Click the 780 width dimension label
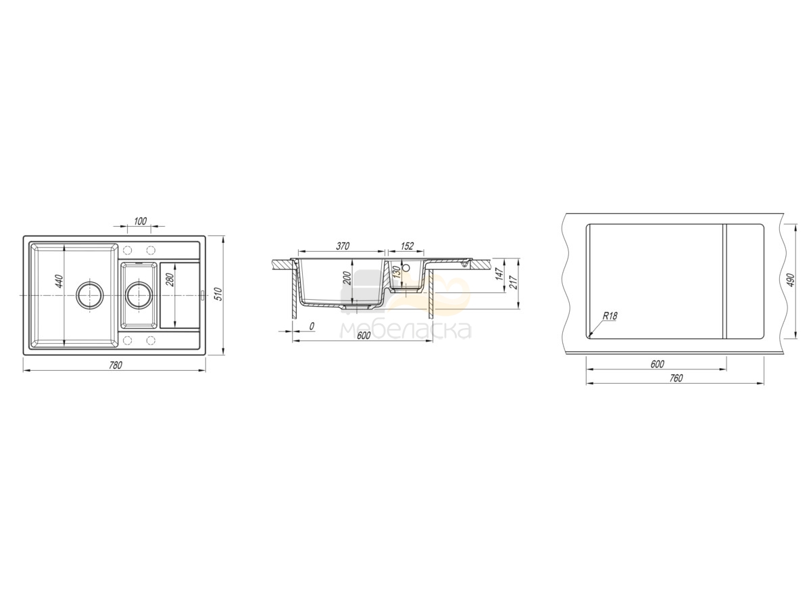point(116,365)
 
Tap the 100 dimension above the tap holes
point(140,221)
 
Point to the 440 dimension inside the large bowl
point(60,281)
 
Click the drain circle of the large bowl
point(89,295)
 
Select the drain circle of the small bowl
point(138,295)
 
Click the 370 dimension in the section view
point(343,246)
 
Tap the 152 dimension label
point(407,246)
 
